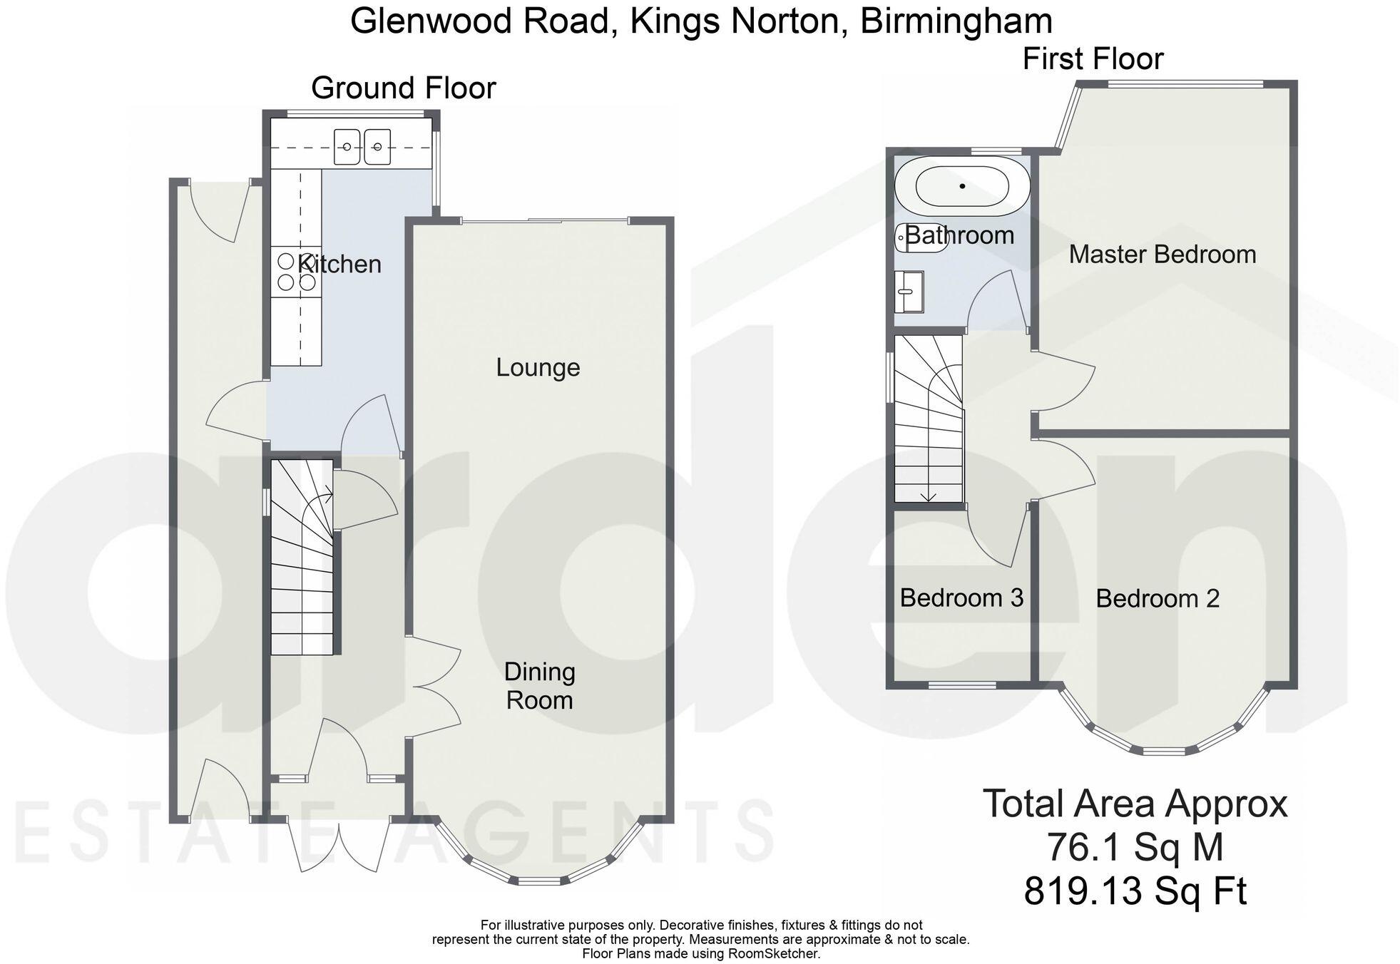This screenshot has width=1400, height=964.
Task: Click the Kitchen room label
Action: tap(339, 265)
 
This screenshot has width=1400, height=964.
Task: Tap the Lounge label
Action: tap(538, 368)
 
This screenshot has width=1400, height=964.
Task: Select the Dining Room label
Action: tap(539, 686)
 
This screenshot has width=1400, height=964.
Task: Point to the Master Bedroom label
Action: tap(1162, 255)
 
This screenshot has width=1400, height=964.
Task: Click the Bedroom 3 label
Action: tap(961, 598)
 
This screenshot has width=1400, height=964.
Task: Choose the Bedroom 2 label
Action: tap(1158, 599)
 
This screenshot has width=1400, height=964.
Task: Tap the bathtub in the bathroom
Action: tap(962, 186)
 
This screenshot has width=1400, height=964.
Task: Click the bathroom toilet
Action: tap(921, 237)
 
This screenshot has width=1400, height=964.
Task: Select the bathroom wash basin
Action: tap(909, 292)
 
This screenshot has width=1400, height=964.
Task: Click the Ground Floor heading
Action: tap(403, 88)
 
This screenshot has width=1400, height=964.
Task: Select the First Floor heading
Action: tap(1093, 59)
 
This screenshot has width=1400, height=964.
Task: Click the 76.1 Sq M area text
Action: tap(1135, 848)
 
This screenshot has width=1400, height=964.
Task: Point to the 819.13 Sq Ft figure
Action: tap(1135, 891)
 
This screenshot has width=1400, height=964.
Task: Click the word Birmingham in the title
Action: tap(956, 21)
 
